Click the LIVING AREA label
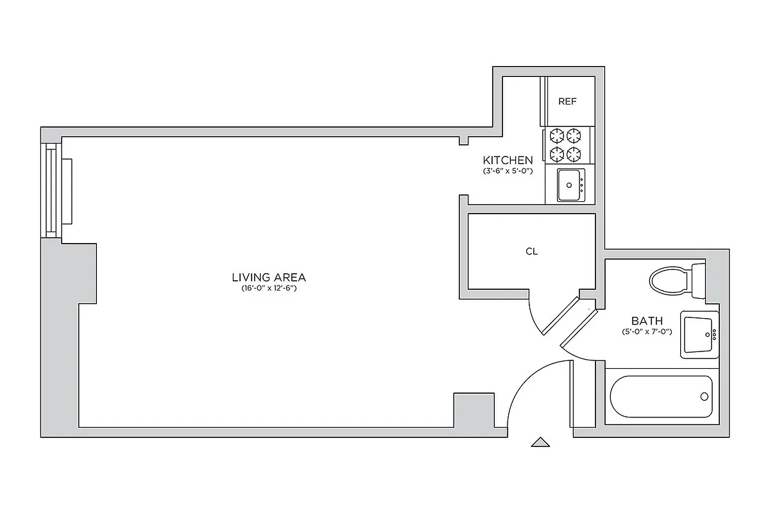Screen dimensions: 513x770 pyautogui.click(x=269, y=278)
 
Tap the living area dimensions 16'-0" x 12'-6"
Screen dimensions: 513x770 pyautogui.click(x=269, y=289)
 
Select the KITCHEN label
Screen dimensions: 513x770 pyautogui.click(x=508, y=160)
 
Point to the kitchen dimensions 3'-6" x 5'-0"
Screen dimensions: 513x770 pyautogui.click(x=508, y=171)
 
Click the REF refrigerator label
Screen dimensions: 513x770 pyautogui.click(x=567, y=101)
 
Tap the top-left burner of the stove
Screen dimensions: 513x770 pyautogui.click(x=555, y=135)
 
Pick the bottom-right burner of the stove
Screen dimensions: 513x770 pyautogui.click(x=574, y=153)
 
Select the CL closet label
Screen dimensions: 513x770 pyautogui.click(x=531, y=251)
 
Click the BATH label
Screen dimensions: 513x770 pyautogui.click(x=647, y=321)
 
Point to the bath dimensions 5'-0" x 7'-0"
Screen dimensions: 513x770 pyautogui.click(x=647, y=332)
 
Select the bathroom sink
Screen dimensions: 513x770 pyautogui.click(x=699, y=334)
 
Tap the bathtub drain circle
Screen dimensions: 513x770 pyautogui.click(x=705, y=396)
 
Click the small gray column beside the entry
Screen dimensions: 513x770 pyautogui.click(x=473, y=410)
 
